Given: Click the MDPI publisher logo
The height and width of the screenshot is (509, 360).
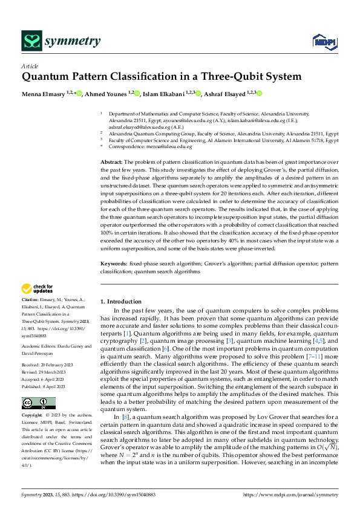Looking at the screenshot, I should point(324,41).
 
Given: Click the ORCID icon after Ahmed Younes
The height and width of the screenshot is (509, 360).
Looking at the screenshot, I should point(137,93).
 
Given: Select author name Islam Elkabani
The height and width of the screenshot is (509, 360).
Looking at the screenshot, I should point(167,94).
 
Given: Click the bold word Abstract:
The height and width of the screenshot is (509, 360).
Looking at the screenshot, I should point(111,163).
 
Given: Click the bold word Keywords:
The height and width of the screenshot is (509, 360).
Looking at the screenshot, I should point(114,264).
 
